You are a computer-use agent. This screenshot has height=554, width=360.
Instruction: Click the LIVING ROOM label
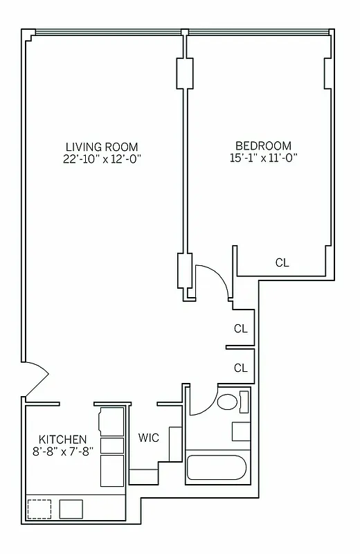(x=102, y=146)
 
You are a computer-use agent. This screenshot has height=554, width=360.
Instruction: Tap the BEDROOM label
(x=263, y=145)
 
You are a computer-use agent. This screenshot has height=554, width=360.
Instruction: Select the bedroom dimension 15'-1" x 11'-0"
(x=263, y=157)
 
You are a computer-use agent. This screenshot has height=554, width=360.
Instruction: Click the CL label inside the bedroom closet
(x=282, y=262)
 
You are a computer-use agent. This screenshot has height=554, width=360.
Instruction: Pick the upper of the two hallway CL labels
(x=240, y=329)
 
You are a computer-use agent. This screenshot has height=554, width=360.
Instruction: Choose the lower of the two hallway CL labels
(x=240, y=368)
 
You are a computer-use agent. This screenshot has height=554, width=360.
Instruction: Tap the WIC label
(x=149, y=438)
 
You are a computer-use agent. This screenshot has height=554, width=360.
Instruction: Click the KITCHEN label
(x=62, y=440)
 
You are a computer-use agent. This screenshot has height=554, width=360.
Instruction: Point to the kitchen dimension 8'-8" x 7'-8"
(x=62, y=452)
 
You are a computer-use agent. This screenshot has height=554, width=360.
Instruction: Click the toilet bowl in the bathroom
(x=226, y=402)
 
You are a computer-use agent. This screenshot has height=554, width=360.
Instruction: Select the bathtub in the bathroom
(x=217, y=468)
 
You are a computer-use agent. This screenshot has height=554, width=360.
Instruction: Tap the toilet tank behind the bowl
(x=244, y=402)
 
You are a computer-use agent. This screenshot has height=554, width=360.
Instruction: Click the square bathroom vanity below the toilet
(x=241, y=430)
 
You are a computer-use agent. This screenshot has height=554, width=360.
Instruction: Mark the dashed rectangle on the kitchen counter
(x=39, y=509)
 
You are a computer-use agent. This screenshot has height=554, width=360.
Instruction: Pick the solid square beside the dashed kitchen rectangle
(x=71, y=509)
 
